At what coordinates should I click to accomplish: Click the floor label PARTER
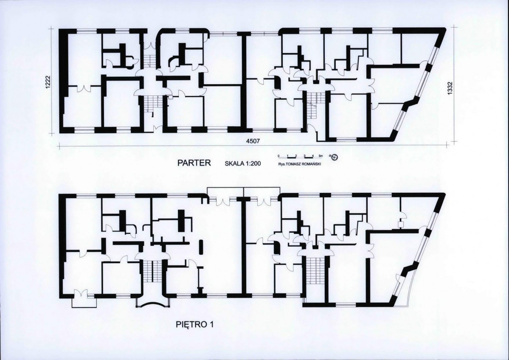pyautogui.click(x=194, y=163)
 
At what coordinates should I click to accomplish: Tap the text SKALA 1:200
pyautogui.click(x=243, y=163)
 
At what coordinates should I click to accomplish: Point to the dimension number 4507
pyautogui.click(x=253, y=141)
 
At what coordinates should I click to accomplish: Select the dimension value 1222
pyautogui.click(x=48, y=83)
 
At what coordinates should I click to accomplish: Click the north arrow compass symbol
pyautogui.click(x=335, y=157)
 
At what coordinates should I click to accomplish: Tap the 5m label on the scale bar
pyautogui.click(x=321, y=156)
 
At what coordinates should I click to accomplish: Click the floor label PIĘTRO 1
pyautogui.click(x=195, y=324)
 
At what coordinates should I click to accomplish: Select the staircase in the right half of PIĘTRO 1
pyautogui.click(x=314, y=269)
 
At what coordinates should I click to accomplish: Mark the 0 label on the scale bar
pyautogui.click(x=278, y=156)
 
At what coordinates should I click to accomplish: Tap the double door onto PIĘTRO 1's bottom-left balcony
pyautogui.click(x=80, y=293)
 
